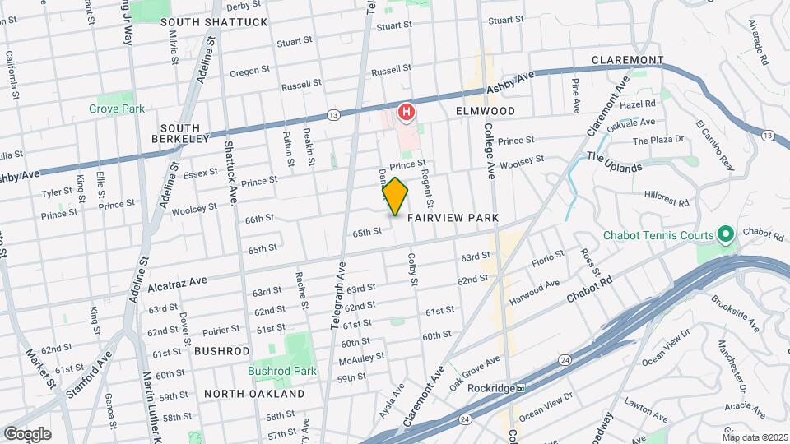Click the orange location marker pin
coord(395,197)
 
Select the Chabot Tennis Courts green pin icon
coord(725,236)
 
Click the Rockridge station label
coord(496,388)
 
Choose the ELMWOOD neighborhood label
coord(485,111)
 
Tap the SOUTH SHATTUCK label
coord(214,22)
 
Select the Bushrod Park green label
coord(282,371)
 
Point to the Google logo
coord(27,433)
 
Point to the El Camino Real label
coord(713,146)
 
